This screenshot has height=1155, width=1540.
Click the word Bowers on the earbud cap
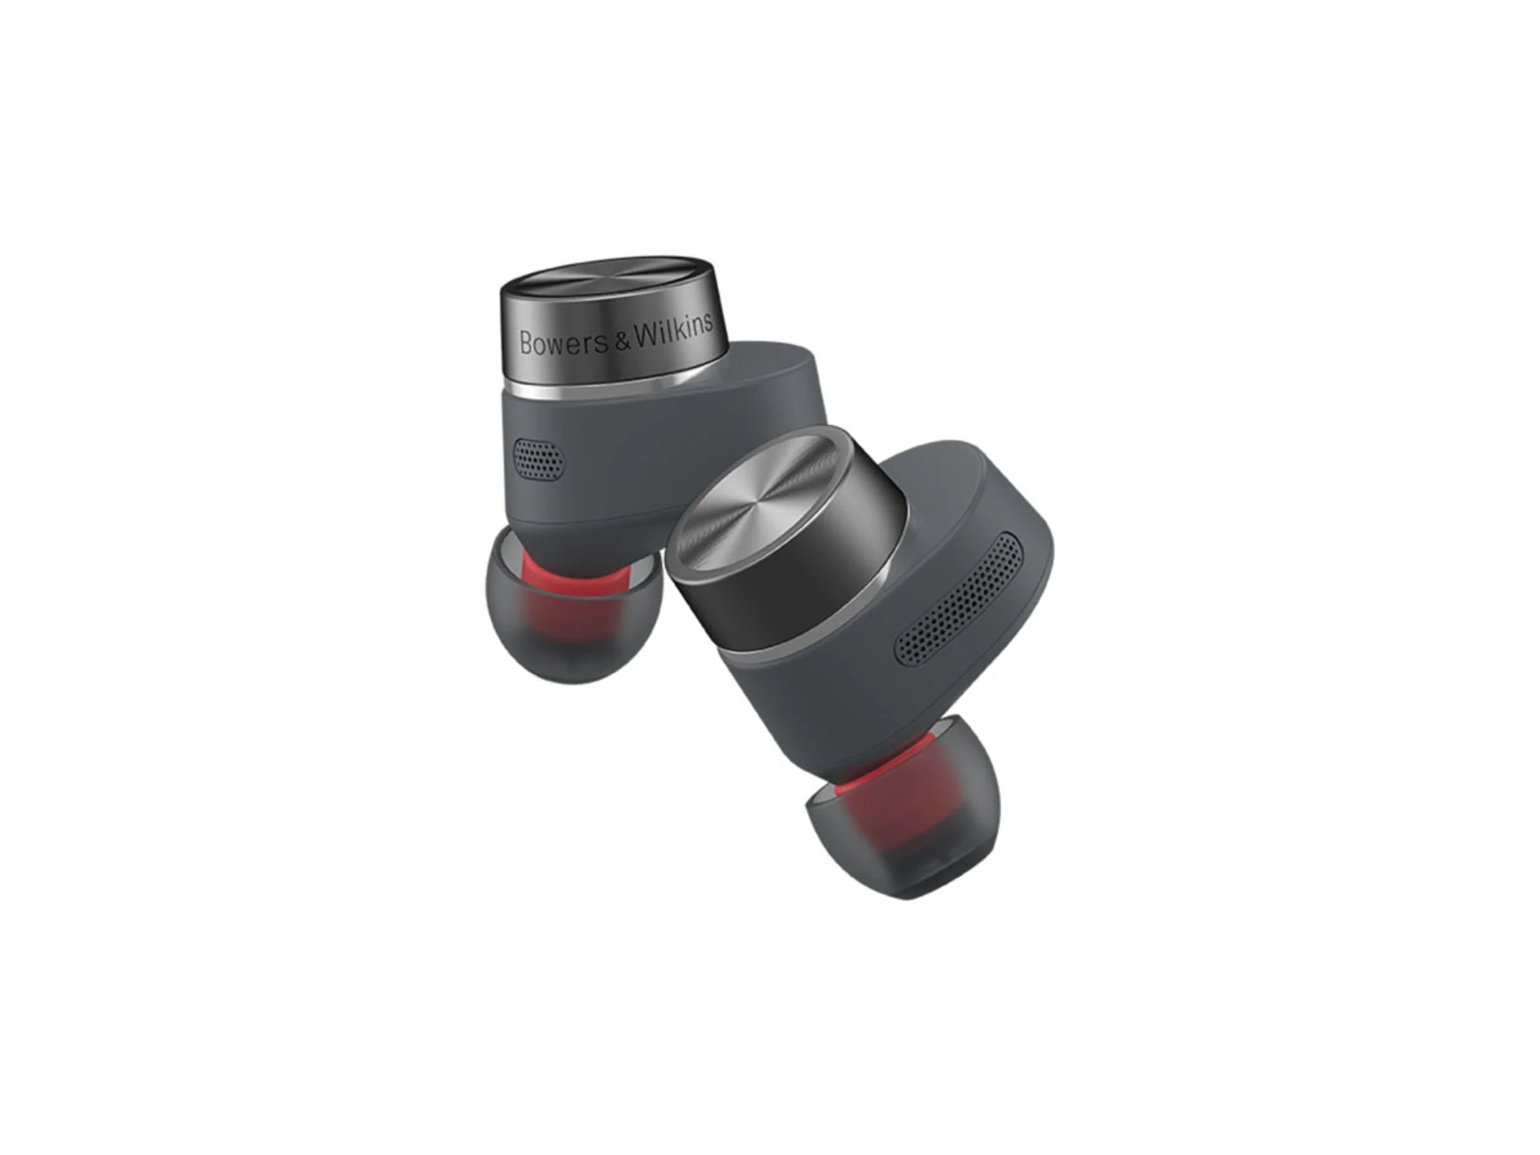click(x=564, y=343)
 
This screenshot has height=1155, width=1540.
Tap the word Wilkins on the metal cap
click(x=673, y=330)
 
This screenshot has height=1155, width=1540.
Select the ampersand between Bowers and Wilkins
click(x=621, y=340)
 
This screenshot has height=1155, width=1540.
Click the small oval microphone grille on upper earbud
click(x=537, y=460)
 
